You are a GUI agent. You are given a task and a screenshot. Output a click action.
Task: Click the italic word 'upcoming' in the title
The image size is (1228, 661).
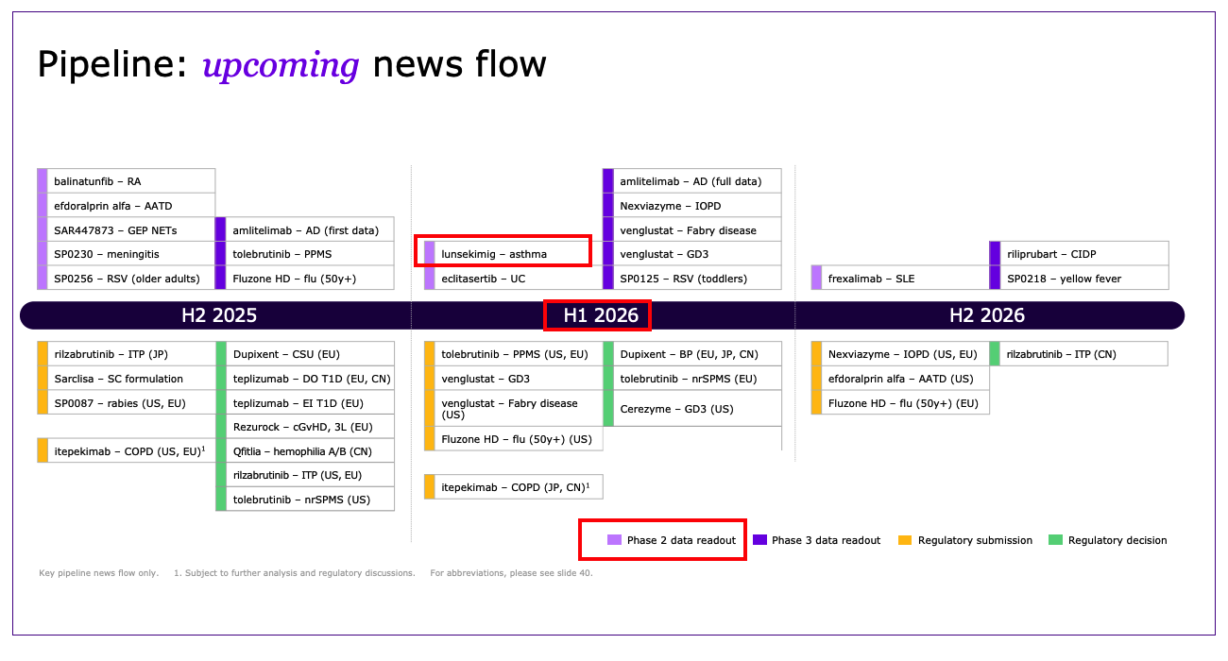281,65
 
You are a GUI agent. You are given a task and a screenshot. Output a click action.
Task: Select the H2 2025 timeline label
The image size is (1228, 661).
219,315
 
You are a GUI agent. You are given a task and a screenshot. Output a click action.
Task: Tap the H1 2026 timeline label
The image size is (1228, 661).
601,315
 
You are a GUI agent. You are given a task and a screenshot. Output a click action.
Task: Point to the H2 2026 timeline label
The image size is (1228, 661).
987,315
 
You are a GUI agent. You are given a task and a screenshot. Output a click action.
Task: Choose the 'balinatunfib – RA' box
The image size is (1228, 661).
126,181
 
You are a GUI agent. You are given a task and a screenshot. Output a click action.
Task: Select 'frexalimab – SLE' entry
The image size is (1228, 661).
900,279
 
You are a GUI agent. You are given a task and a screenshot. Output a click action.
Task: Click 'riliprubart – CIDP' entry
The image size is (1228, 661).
1079,254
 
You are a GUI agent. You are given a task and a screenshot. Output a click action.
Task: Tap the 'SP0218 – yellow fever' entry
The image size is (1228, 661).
1079,279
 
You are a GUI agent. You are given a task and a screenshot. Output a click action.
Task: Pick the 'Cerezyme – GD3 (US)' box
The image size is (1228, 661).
692,409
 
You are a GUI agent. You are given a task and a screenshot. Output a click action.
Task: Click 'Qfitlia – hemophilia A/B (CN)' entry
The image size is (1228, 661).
305,451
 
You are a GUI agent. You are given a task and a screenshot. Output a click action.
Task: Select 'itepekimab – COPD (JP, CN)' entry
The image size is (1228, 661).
514,486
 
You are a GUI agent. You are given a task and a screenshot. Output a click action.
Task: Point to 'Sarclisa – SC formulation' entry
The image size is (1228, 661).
126,378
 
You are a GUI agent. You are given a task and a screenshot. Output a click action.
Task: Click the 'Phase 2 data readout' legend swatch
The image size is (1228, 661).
615,540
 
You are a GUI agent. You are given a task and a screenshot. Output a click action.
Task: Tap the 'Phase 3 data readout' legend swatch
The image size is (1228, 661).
759,540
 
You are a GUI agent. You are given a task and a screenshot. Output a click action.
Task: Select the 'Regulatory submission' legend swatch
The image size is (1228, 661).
905,540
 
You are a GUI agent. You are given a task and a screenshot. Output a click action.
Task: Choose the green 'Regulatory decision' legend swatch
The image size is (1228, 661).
1055,540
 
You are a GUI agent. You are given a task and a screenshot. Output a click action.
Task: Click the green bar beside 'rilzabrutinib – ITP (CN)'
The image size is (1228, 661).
995,353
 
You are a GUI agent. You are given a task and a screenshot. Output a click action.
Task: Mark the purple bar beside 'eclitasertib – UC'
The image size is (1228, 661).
430,279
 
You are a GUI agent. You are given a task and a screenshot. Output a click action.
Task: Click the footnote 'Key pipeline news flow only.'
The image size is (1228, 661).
98,573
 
